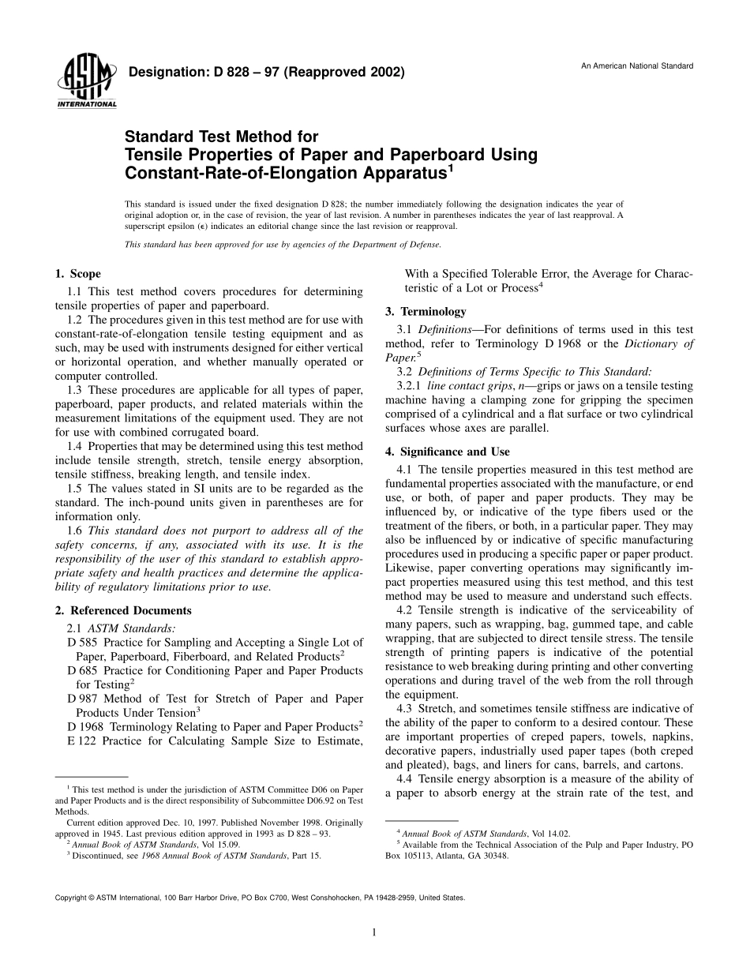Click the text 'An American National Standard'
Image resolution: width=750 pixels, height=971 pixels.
coord(637,66)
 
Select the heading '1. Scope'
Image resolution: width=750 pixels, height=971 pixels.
coord(77,274)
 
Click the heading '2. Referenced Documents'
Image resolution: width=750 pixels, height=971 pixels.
coord(122,610)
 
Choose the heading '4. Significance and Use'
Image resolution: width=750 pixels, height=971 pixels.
coord(447,452)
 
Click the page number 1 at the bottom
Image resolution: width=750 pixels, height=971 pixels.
coord(374,932)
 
